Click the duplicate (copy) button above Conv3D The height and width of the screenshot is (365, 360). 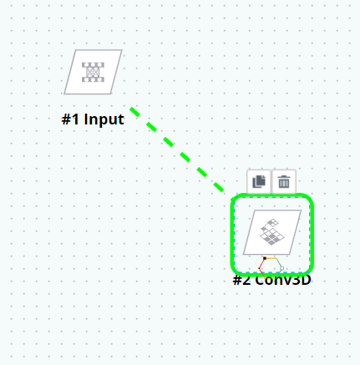pos(259,181)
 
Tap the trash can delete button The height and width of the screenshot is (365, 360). pos(284,181)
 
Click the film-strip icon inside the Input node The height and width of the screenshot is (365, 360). pos(93,72)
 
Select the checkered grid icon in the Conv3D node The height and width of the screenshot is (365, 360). pos(272,232)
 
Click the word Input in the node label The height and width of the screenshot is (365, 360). pos(104,119)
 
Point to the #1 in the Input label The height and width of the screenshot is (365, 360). pos(70,119)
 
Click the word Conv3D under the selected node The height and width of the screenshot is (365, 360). pos(283,280)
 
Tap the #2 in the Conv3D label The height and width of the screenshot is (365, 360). pos(241,280)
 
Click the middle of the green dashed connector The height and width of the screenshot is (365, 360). pos(177,150)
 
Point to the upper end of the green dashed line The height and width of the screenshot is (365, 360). pos(130,108)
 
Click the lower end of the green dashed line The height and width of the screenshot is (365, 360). pos(223,191)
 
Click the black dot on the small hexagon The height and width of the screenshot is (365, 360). pos(265,258)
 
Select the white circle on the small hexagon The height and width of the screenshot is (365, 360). pos(281,268)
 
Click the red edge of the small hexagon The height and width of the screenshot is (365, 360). pos(261,263)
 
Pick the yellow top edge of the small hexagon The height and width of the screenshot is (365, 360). pos(271,258)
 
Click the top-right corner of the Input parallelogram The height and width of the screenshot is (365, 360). pos(122,50)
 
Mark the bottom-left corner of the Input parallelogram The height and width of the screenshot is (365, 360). pos(64,94)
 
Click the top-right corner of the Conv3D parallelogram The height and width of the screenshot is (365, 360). pos(302,210)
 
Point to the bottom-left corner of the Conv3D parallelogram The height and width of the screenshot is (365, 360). pos(243,255)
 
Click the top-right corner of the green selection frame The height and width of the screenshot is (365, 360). pos(310,198)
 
